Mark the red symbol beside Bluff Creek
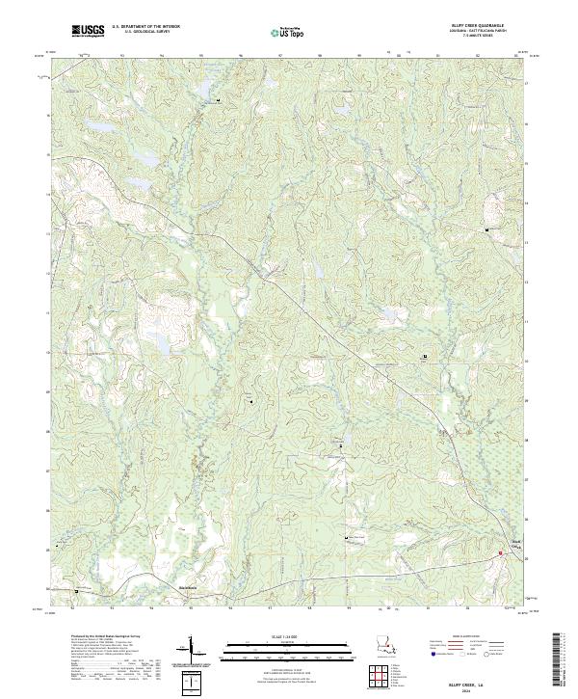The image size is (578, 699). click(x=500, y=552)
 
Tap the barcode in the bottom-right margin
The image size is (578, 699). click(x=559, y=665)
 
